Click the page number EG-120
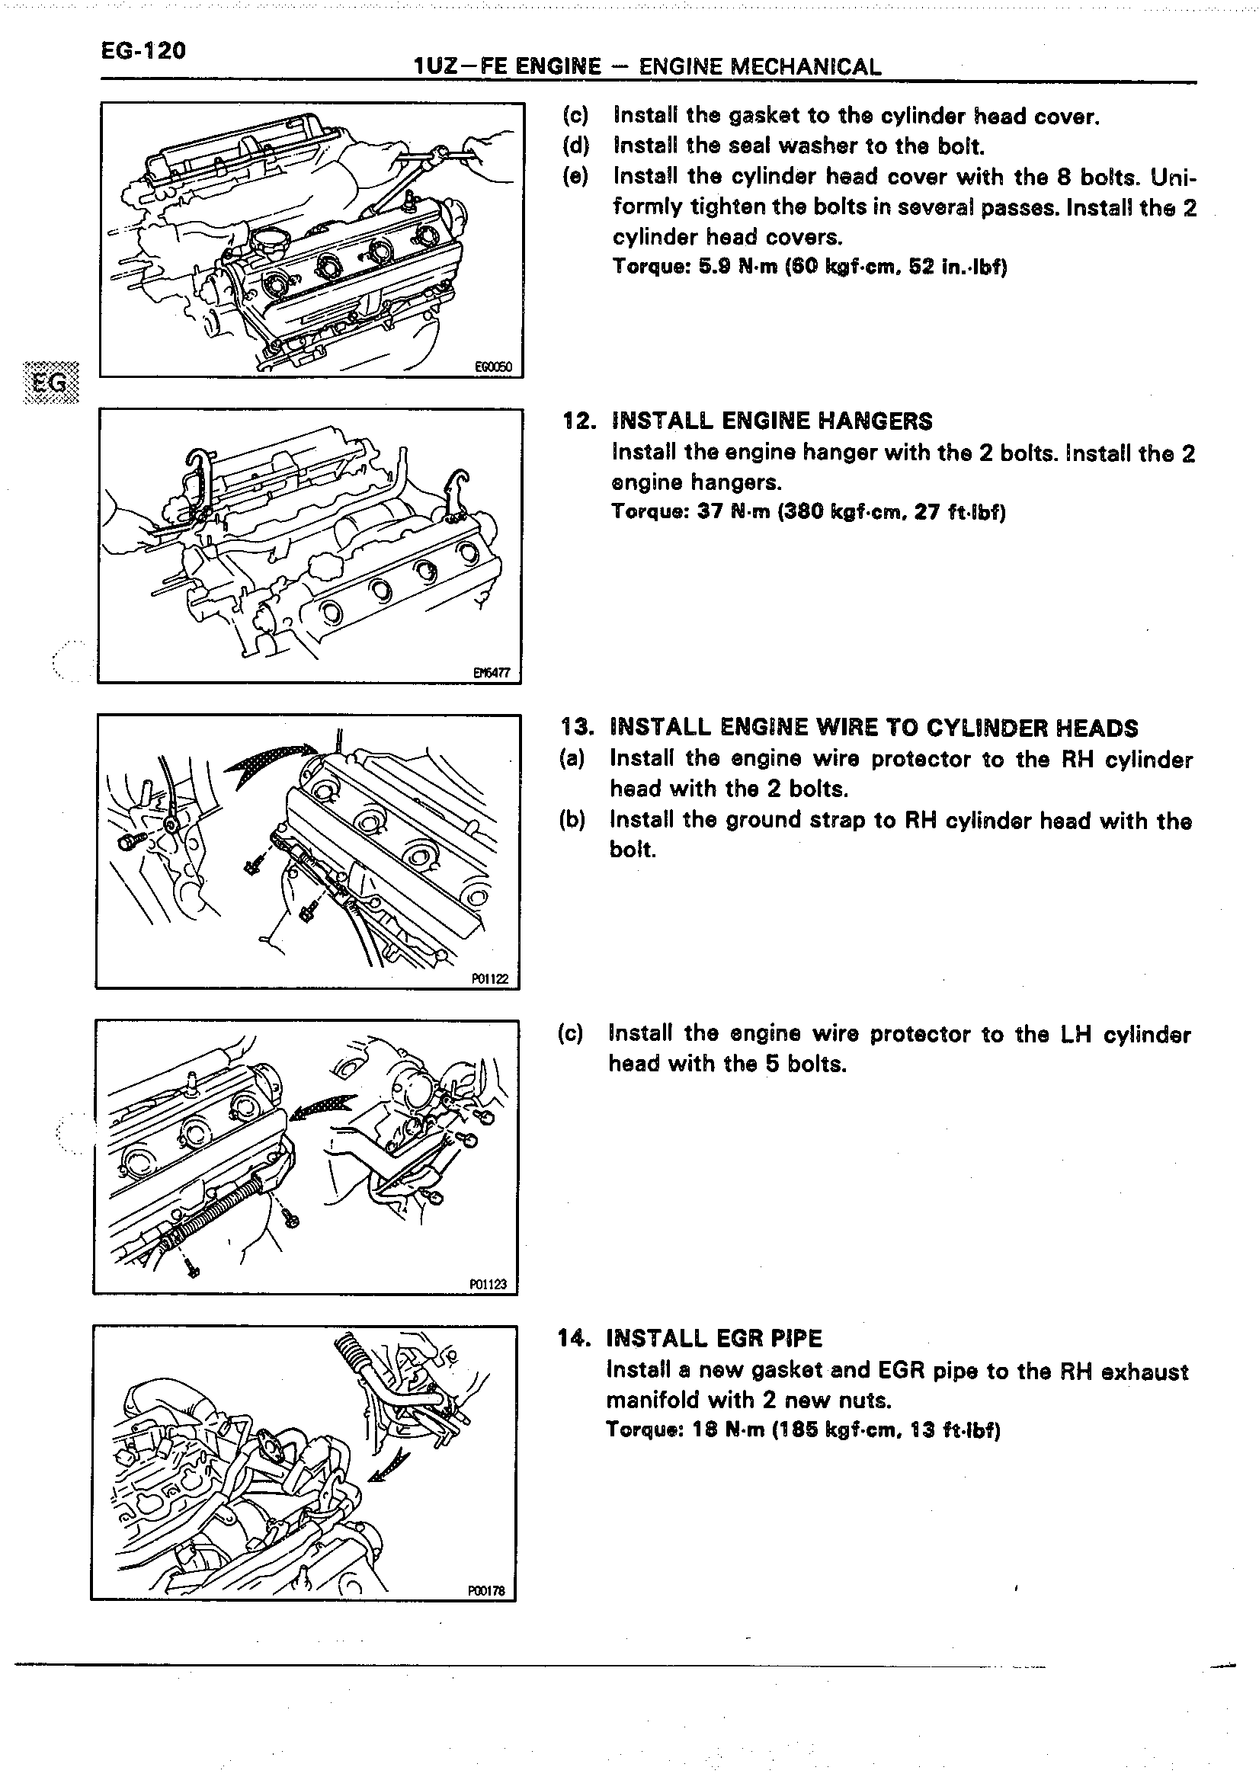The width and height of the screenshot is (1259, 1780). [143, 51]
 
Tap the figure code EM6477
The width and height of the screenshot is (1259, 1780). [492, 673]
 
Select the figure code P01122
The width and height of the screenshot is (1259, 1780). [490, 978]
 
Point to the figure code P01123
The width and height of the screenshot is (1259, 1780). [488, 1284]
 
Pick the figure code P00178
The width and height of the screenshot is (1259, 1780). [486, 1590]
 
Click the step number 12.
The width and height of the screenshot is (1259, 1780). [579, 421]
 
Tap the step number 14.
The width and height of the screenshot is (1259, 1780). [575, 1339]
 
